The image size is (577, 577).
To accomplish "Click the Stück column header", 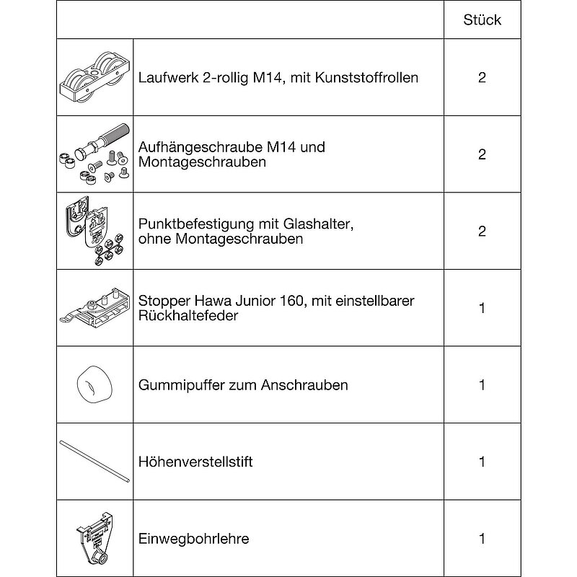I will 482,19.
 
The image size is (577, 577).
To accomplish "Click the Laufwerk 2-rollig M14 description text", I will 278,77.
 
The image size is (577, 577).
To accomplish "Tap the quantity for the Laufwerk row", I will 482,77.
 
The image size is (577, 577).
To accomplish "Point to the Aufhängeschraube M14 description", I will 232,154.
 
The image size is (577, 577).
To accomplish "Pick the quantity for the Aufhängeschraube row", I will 482,154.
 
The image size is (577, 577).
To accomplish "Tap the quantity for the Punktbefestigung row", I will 482,232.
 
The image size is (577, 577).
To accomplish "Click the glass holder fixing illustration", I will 95,232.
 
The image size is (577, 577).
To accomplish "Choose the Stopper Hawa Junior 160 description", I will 276,308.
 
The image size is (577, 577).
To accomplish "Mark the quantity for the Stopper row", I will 482,308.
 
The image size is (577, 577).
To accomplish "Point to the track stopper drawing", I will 95,308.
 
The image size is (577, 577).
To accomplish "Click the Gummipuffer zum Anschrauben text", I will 243,385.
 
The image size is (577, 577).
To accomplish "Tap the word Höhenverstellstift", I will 195,462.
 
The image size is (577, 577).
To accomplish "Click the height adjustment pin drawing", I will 95,462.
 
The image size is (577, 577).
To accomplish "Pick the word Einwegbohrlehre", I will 193,539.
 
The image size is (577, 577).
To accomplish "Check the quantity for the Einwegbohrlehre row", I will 482,539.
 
